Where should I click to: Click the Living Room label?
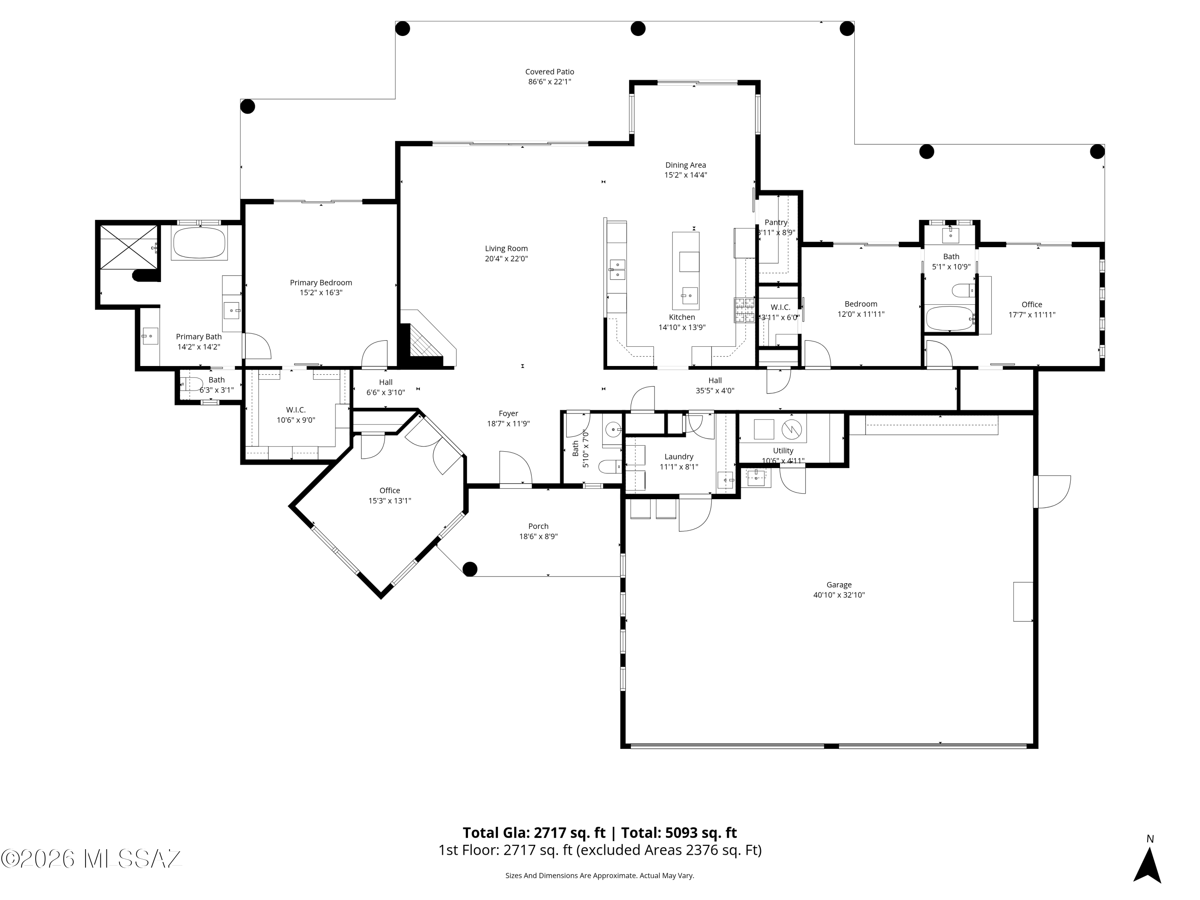point(506,248)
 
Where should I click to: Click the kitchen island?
point(685,270)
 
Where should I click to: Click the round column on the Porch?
point(470,569)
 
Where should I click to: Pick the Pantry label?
point(775,222)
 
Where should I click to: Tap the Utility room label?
point(782,451)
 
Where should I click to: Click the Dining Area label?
point(685,165)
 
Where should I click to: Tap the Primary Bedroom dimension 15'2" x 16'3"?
point(321,293)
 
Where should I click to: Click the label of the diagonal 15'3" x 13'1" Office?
point(390,490)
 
